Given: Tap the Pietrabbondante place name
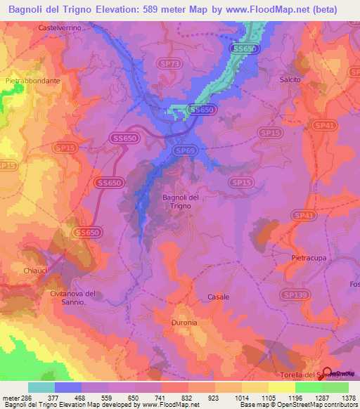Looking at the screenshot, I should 33,81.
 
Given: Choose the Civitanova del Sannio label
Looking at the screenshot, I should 71,297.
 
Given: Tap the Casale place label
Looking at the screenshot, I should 218,297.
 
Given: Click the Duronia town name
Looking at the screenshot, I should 184,323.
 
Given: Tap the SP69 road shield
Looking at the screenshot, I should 185,150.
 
